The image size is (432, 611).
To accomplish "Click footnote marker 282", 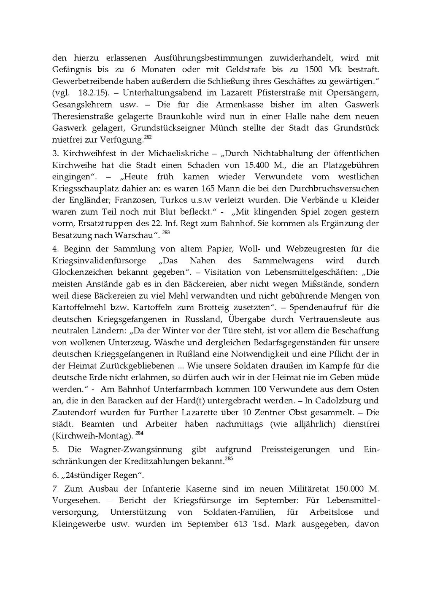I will click(x=148, y=138).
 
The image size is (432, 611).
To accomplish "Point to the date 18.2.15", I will click(x=91, y=93).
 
